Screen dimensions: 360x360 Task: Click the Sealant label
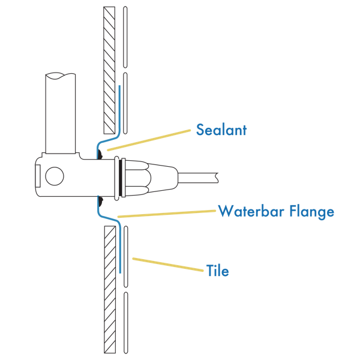(x=221, y=130)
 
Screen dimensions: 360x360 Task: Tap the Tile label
(x=217, y=271)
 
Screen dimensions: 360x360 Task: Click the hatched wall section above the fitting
(x=109, y=69)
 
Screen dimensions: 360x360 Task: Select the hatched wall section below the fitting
(x=109, y=288)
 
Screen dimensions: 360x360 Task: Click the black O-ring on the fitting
(x=122, y=178)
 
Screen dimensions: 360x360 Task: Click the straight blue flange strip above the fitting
(x=119, y=108)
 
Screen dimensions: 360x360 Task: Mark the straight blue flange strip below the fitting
(x=121, y=249)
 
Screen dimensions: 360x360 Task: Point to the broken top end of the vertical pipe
(x=61, y=76)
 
